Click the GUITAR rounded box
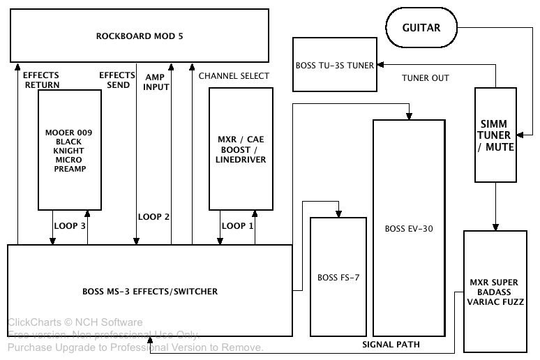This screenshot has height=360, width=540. click(x=421, y=28)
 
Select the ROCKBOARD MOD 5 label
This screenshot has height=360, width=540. click(x=140, y=36)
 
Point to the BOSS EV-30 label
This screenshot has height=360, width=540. click(x=408, y=228)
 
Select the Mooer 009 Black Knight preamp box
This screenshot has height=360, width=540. click(x=70, y=149)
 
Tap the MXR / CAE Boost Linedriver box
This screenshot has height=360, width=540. click(x=241, y=149)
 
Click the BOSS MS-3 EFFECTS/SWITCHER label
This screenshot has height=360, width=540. click(x=150, y=290)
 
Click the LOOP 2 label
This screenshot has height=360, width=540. click(x=154, y=217)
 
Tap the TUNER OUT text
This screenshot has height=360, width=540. click(x=426, y=78)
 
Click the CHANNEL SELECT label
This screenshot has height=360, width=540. click(x=234, y=75)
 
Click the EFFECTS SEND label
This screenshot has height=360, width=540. click(x=117, y=80)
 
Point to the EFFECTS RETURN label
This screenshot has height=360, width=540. click(x=41, y=80)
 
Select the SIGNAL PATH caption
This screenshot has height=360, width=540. click(x=391, y=344)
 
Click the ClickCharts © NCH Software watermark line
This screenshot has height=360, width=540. click(x=75, y=322)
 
